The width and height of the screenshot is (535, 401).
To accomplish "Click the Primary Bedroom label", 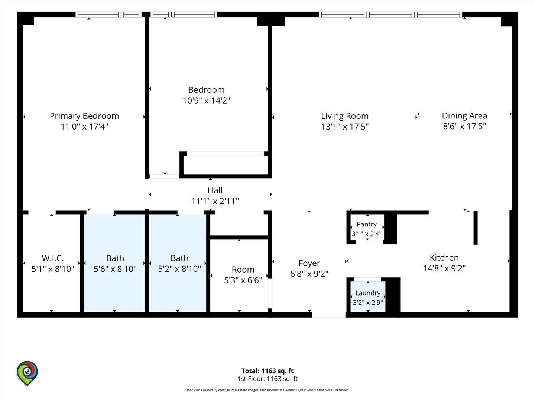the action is [x=84, y=116].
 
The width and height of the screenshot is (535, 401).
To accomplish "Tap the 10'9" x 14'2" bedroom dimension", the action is [x=207, y=100].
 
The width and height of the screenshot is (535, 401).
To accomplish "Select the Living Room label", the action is [x=345, y=116].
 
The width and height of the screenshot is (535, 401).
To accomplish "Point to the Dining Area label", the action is [x=464, y=115].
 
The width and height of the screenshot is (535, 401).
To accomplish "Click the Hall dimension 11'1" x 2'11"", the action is [x=215, y=201].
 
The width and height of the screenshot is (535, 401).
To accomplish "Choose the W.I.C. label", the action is [x=53, y=258].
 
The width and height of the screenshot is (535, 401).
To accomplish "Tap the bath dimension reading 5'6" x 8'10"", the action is [x=115, y=269].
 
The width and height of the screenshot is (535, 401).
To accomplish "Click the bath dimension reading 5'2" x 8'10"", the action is [x=179, y=269].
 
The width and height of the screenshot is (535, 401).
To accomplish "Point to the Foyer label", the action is [x=309, y=263].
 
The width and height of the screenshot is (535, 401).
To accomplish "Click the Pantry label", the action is [x=367, y=224].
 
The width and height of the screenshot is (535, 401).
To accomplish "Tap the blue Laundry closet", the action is [x=368, y=297].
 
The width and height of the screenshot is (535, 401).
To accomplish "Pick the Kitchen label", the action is [x=444, y=258].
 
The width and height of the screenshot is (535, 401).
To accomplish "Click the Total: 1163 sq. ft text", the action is [x=267, y=371].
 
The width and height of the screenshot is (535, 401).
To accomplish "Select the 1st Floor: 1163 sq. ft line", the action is [x=267, y=379].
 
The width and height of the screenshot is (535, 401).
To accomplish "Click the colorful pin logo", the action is [x=27, y=373].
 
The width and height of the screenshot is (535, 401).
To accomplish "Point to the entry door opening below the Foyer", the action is [x=329, y=315].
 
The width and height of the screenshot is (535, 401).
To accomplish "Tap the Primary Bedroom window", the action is [x=108, y=14].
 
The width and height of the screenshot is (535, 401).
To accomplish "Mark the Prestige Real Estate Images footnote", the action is [x=267, y=390].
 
